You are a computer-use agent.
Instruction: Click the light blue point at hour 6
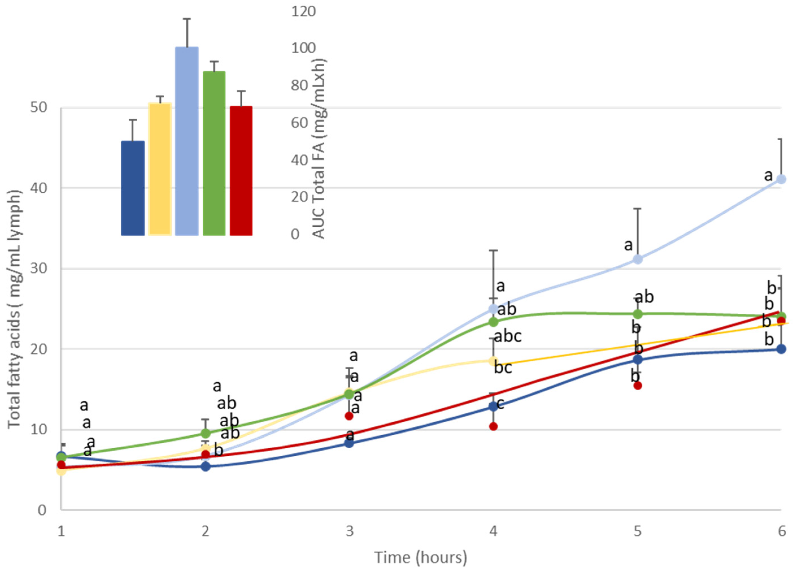(x=781, y=179)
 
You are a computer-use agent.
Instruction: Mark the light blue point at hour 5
(x=638, y=259)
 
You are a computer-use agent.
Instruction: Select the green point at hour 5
(x=638, y=314)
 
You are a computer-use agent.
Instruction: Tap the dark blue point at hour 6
(x=781, y=349)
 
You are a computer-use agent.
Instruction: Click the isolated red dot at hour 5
(x=638, y=385)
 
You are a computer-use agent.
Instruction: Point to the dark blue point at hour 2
(x=206, y=466)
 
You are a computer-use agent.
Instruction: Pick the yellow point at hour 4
(x=493, y=361)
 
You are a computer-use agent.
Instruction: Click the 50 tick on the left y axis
(x=38, y=108)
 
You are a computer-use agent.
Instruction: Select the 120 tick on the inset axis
(x=303, y=12)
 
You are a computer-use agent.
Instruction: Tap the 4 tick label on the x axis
(x=493, y=531)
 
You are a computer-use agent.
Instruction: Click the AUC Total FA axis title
(x=318, y=149)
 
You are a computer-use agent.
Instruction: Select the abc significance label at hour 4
(x=508, y=336)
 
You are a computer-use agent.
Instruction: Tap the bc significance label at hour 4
(x=503, y=368)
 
